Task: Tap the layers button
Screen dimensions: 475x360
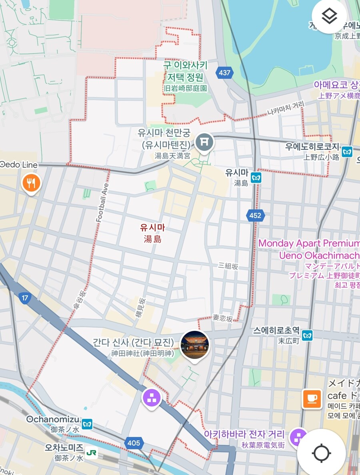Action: point(329,16)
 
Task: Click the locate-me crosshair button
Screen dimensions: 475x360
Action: point(321,453)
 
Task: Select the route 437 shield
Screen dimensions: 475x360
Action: point(225,73)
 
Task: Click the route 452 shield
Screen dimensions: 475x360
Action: point(255,216)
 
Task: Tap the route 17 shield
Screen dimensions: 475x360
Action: point(25,298)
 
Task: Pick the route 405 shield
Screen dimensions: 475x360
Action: point(134,443)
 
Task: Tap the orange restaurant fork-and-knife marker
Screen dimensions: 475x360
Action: point(32,183)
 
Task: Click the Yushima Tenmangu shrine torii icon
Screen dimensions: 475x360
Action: point(204,142)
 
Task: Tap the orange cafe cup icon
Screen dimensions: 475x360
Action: point(312,399)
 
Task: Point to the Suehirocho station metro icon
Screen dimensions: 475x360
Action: point(307,335)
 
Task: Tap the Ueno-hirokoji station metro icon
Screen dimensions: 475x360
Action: point(347,152)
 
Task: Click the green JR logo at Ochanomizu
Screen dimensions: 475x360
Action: point(92,453)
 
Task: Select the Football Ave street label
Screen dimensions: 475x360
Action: point(102,203)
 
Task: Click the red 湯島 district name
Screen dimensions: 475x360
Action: point(152,239)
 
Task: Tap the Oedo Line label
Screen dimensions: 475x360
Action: point(19,165)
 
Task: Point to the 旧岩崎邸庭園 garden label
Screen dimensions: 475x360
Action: point(185,88)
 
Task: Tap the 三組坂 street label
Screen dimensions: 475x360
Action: point(228,266)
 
